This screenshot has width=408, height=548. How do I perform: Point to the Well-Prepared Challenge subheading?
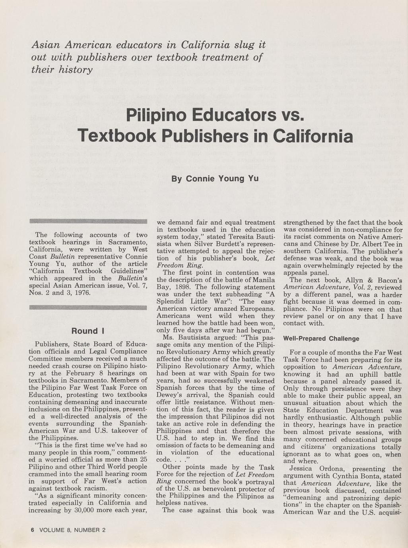[321, 339]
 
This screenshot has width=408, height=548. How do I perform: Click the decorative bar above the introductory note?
[88, 221]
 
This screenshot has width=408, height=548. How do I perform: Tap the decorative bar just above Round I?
[88, 307]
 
